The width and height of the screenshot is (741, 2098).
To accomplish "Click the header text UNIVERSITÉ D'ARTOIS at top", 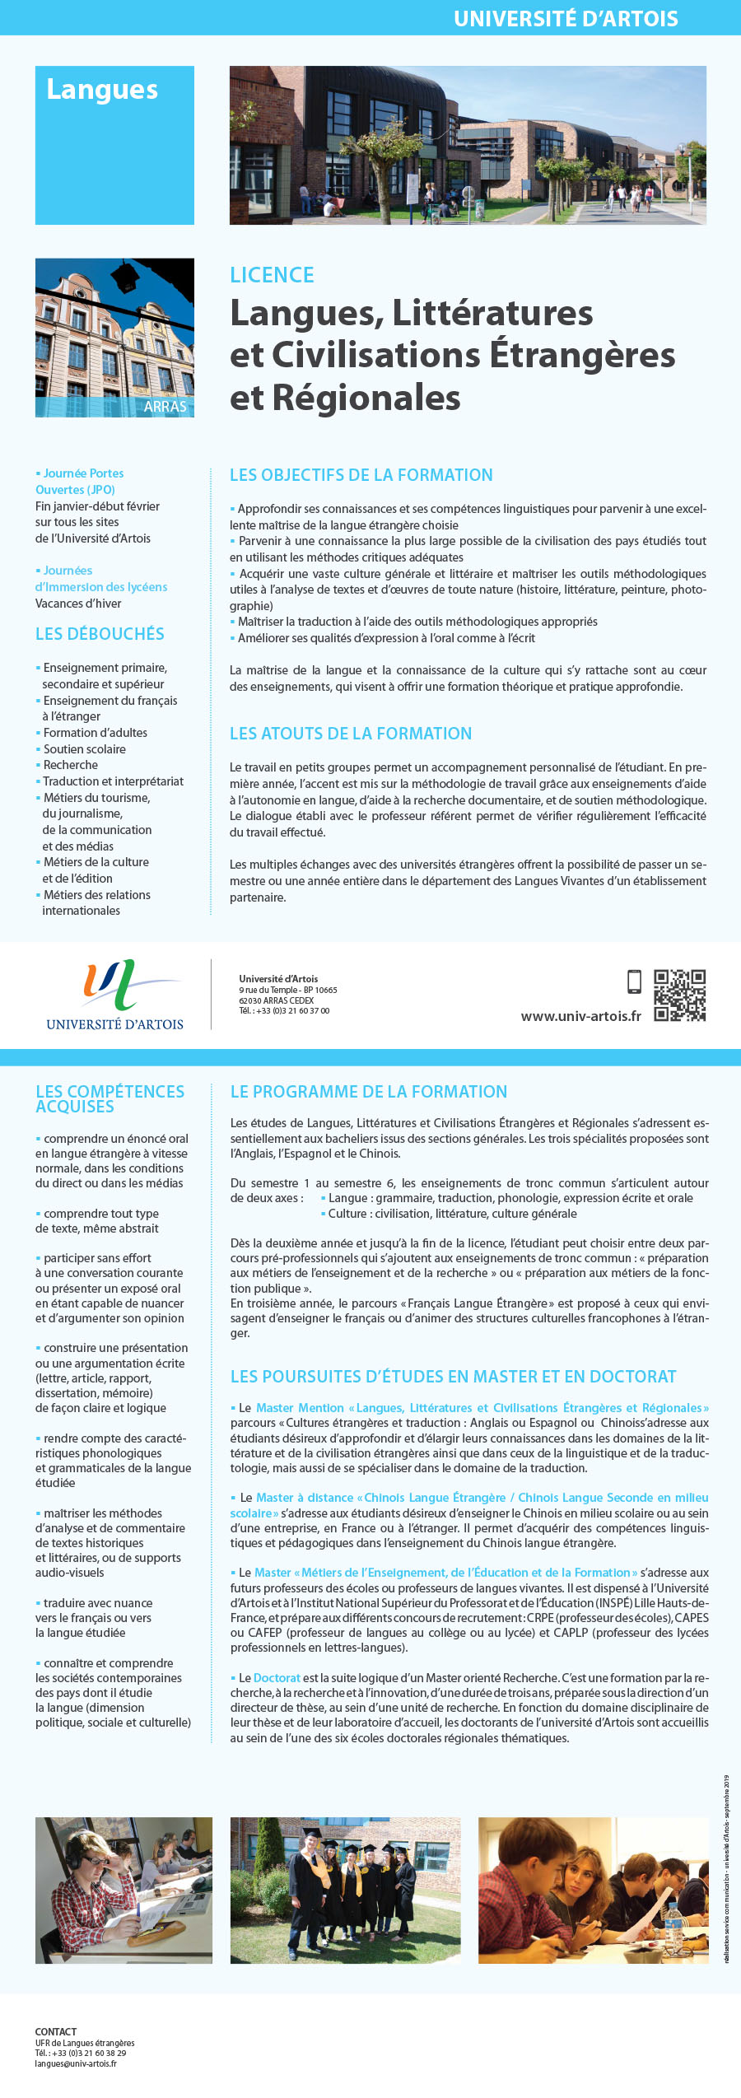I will pyautogui.click(x=566, y=18).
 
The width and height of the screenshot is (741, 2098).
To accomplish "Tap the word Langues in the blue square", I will pyautogui.click(x=102, y=89).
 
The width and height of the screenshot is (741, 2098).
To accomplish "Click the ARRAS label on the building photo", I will pyautogui.click(x=165, y=406).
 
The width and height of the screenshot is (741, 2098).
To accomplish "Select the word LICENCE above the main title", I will pyautogui.click(x=272, y=275).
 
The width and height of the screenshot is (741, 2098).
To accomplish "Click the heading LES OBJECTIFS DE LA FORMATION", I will pyautogui.click(x=361, y=475).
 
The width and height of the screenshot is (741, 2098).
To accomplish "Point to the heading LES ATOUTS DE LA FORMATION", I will pyautogui.click(x=351, y=734).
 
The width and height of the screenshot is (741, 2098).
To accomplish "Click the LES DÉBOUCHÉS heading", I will pyautogui.click(x=100, y=634).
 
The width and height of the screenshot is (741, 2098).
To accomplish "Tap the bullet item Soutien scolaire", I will pyautogui.click(x=84, y=749).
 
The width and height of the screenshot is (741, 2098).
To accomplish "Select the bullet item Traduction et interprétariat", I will pyautogui.click(x=113, y=781).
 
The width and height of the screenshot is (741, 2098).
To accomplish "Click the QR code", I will pyautogui.click(x=679, y=995).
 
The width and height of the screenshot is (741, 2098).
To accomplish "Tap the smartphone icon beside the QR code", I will pyautogui.click(x=634, y=981).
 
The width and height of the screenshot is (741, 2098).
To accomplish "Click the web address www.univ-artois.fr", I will pyautogui.click(x=580, y=1016).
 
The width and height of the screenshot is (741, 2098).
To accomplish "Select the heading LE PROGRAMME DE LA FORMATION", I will pyautogui.click(x=369, y=1092).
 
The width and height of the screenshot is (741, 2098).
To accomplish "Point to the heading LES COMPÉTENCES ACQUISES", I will pyautogui.click(x=110, y=1099).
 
